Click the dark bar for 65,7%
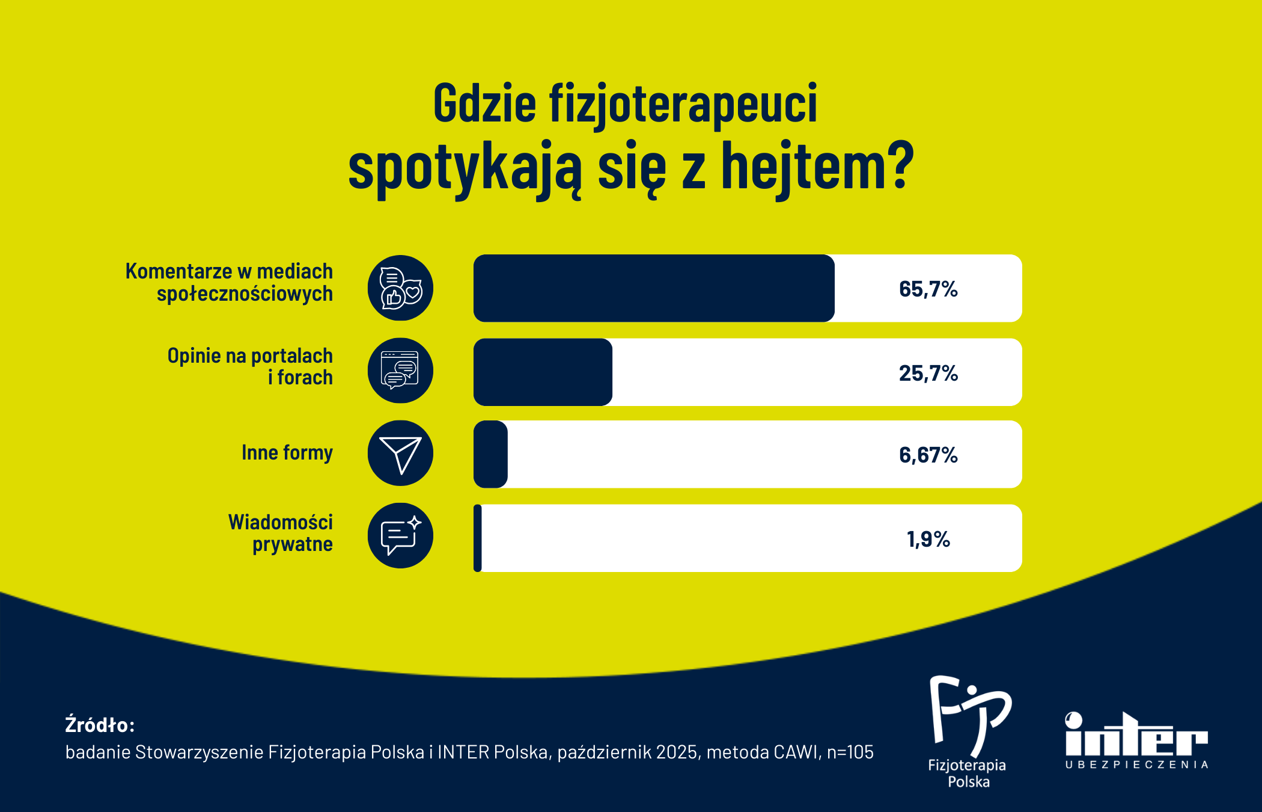click(654, 288)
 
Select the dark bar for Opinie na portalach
click(543, 372)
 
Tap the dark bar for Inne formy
click(491, 454)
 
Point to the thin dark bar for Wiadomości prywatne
click(478, 538)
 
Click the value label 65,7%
click(928, 289)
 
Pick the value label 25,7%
click(928, 374)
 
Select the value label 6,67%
click(928, 455)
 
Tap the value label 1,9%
click(928, 540)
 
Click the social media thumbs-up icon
click(400, 288)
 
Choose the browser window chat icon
click(400, 371)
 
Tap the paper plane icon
click(400, 453)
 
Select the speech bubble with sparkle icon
click(400, 535)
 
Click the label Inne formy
click(287, 452)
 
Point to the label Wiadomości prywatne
click(281, 533)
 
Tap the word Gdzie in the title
click(484, 103)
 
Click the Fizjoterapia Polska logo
click(968, 731)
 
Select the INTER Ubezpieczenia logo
click(1136, 740)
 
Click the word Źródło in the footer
click(99, 724)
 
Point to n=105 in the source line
click(850, 752)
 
